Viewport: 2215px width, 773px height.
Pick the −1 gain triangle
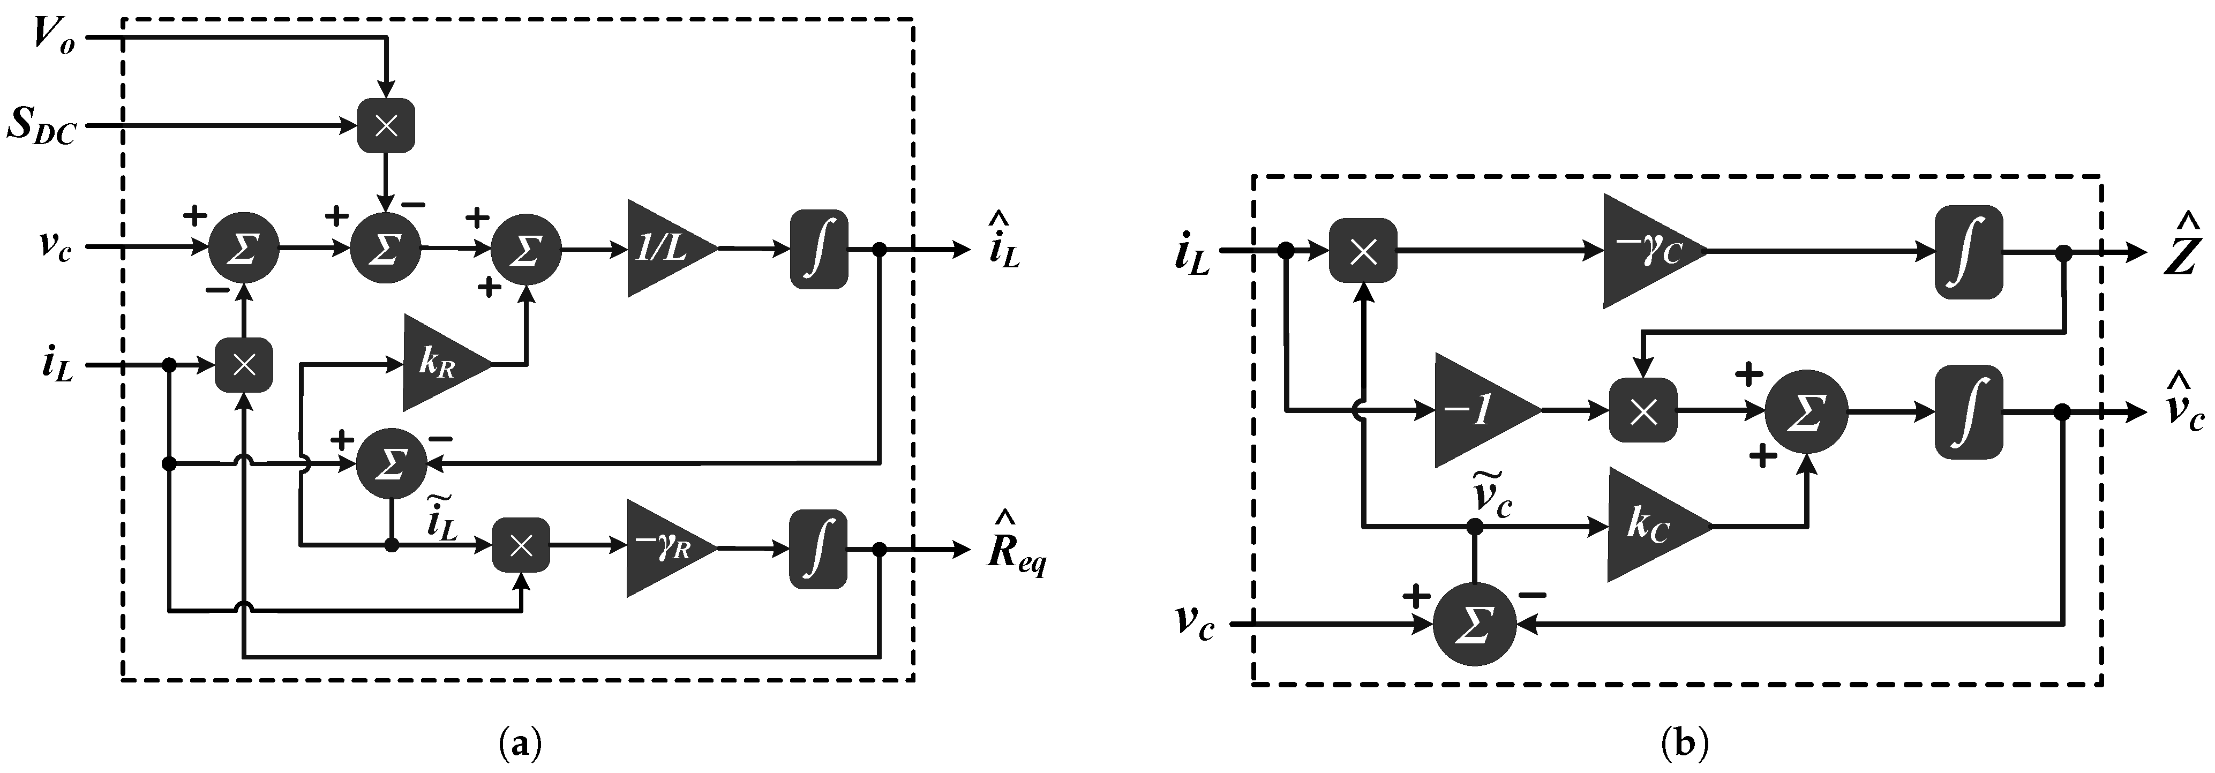click(x=1479, y=411)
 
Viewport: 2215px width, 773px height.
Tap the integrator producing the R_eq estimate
click(x=818, y=549)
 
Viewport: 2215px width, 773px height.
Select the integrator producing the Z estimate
click(x=1968, y=252)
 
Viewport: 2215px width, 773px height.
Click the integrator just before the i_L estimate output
click(x=819, y=249)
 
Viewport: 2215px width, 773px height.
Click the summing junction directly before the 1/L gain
click(x=525, y=249)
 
